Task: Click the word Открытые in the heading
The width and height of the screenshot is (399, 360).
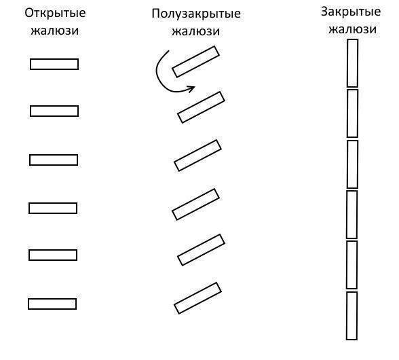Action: pyautogui.click(x=55, y=14)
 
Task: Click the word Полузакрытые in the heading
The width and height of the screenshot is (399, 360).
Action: pyautogui.click(x=196, y=14)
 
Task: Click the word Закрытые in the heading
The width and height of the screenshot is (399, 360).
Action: pyautogui.click(x=351, y=12)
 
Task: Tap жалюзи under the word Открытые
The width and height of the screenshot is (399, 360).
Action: pyautogui.click(x=55, y=31)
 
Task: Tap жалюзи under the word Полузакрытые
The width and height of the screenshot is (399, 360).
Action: pyautogui.click(x=195, y=31)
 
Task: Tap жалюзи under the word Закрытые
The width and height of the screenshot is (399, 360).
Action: pyautogui.click(x=352, y=29)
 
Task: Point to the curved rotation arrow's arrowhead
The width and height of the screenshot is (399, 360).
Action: pyautogui.click(x=191, y=89)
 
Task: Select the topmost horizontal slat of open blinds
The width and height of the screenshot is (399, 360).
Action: pyautogui.click(x=54, y=65)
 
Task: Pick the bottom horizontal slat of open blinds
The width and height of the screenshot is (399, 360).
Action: pyautogui.click(x=52, y=304)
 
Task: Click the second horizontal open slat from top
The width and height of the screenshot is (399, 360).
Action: pyautogui.click(x=54, y=111)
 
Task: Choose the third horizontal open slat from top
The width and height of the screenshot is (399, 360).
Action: pyautogui.click(x=54, y=160)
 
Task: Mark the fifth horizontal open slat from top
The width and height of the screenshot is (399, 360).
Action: pyautogui.click(x=53, y=255)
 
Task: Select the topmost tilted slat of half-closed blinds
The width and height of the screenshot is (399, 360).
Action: pyautogui.click(x=195, y=62)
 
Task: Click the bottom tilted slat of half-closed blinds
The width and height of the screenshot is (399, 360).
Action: pyautogui.click(x=197, y=298)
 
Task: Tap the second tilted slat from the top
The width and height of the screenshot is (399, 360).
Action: pyautogui.click(x=202, y=107)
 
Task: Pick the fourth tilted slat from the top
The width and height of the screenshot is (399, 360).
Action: pyautogui.click(x=195, y=204)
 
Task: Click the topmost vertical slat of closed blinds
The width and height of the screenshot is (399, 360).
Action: pyautogui.click(x=352, y=63)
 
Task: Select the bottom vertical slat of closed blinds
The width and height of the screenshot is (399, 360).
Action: pyautogui.click(x=352, y=316)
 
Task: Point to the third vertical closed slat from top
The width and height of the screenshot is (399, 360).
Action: pyautogui.click(x=352, y=164)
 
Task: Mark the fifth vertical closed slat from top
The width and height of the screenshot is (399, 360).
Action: pyautogui.click(x=352, y=265)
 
